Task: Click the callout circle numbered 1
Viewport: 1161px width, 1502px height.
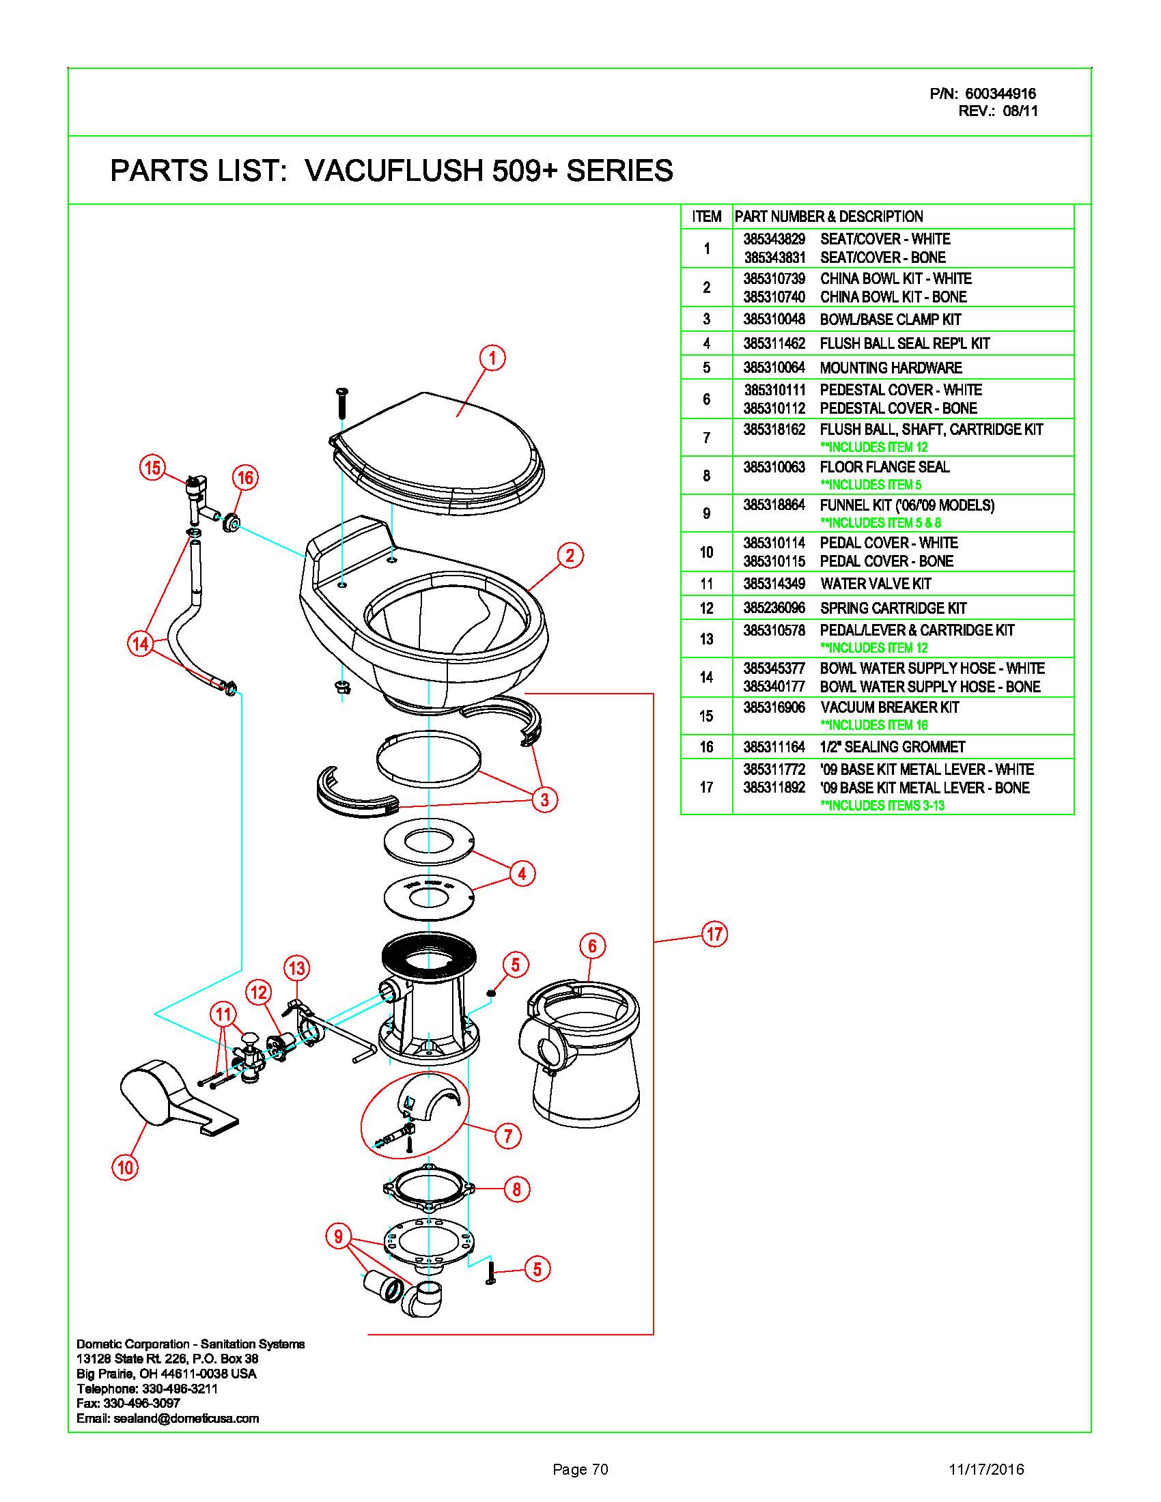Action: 492,358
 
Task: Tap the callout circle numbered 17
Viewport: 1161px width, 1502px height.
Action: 714,933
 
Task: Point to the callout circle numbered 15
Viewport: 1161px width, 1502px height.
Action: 152,468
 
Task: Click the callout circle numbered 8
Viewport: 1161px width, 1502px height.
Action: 516,1189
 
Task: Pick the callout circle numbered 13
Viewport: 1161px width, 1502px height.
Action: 296,968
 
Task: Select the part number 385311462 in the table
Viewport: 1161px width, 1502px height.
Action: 774,343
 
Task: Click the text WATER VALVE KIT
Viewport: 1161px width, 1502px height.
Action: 876,584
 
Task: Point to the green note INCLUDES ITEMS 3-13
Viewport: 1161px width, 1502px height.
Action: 882,806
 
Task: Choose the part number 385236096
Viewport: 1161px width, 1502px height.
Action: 774,608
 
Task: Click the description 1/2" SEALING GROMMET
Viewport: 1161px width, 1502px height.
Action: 893,747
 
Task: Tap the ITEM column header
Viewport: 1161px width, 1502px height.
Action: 707,216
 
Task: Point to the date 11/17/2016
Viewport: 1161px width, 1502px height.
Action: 986,1470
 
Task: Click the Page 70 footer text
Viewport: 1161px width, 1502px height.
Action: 580,1470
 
